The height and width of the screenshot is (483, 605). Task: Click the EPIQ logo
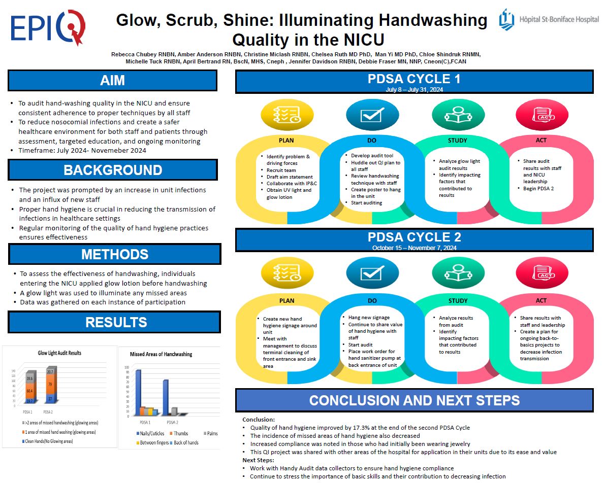(x=48, y=28)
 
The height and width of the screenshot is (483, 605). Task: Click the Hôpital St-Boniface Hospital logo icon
(x=506, y=20)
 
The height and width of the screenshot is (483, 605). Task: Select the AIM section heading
(x=112, y=80)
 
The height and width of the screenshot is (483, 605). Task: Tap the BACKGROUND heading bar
(x=113, y=169)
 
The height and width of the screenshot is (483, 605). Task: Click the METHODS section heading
(x=115, y=254)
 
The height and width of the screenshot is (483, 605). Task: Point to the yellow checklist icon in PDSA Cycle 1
(x=280, y=115)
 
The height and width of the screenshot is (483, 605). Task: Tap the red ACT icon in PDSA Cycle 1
(x=535, y=116)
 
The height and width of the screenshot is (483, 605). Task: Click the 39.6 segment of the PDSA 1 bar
(x=30, y=378)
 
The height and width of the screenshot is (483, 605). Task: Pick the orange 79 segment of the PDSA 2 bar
(x=50, y=384)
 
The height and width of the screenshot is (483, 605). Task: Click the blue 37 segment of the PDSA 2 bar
(x=50, y=399)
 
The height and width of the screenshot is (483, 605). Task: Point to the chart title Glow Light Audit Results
(x=59, y=353)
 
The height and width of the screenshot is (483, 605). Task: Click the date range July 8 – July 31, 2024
(x=414, y=89)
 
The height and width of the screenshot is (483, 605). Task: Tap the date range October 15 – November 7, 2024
(x=414, y=248)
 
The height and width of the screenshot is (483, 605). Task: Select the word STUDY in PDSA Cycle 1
(x=458, y=141)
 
